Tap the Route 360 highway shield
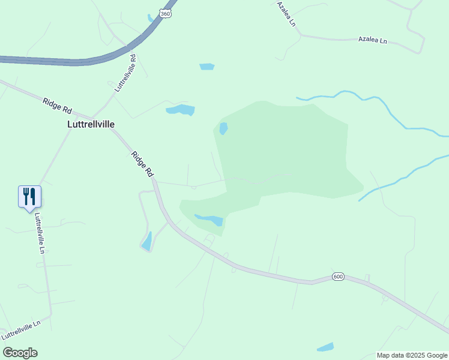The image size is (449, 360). pos(164,13)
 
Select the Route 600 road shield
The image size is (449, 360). pos(338,277)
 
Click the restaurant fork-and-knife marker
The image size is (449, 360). pos(29,196)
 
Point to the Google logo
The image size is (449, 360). pos(20,353)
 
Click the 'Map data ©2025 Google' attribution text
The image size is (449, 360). pos(412,355)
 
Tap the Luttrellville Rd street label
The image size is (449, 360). pos(125,73)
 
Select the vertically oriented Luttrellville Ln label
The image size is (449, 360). pos(40,233)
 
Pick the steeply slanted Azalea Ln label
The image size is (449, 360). pos(287,13)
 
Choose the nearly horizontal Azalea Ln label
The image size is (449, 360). pos(373,40)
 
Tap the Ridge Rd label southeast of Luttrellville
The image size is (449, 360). pos(142,163)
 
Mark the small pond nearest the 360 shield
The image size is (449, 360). pos(151,18)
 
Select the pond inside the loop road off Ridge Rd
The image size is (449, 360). pos(146,241)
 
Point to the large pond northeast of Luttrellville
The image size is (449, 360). pos(181,110)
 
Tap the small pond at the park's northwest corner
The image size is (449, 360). pos(223,128)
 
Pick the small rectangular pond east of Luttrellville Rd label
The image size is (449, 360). pos(206,67)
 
